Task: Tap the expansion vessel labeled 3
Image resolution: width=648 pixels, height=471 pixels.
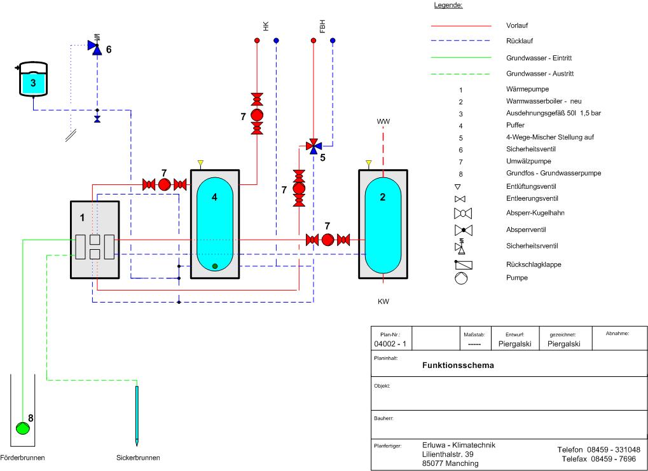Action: tap(33, 81)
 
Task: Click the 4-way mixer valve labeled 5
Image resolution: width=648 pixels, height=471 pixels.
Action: tap(313, 146)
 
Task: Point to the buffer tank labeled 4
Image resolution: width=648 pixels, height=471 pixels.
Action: tap(215, 224)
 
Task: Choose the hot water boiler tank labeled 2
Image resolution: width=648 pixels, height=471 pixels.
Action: tap(383, 224)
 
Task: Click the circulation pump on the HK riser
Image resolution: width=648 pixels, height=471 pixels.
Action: tap(258, 115)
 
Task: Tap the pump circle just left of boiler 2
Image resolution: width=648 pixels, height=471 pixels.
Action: tap(327, 240)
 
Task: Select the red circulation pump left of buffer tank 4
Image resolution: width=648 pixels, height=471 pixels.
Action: tap(164, 184)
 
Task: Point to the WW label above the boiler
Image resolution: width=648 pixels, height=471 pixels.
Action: tap(383, 121)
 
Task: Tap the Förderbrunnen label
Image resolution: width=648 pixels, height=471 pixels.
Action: tap(23, 458)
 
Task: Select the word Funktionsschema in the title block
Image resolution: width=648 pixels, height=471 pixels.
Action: tap(458, 365)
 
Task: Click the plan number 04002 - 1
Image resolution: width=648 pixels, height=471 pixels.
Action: tap(392, 344)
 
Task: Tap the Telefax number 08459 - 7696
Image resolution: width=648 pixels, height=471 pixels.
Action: tap(600, 459)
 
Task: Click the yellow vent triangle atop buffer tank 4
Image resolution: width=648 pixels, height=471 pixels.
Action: tap(200, 163)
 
